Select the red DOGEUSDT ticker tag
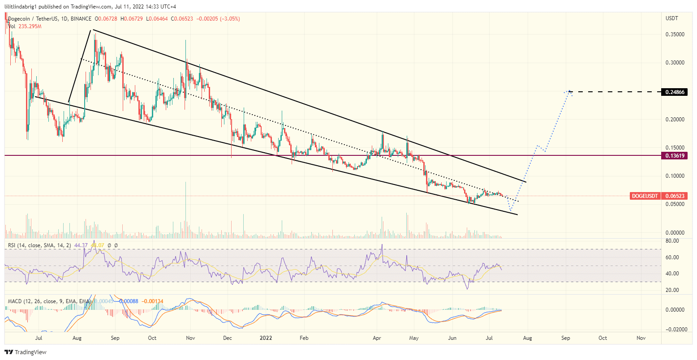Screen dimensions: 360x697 click(645, 196)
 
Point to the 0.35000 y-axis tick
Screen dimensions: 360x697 click(675, 34)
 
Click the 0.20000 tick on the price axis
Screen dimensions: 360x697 click(675, 120)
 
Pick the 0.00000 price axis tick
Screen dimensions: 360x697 click(675, 233)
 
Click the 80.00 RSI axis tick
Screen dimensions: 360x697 click(672, 241)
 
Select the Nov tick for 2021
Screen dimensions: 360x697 click(190, 338)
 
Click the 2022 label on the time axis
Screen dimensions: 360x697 click(267, 338)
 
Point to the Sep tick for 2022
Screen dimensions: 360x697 click(566, 338)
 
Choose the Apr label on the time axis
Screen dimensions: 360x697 click(377, 338)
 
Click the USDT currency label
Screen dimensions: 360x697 click(672, 18)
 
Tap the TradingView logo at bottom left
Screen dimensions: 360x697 click(26, 352)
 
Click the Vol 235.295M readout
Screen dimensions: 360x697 click(25, 26)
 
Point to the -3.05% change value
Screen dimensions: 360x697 click(230, 19)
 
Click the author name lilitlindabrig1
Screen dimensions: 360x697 click(22, 7)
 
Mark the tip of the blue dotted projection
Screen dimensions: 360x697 click(569, 91)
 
